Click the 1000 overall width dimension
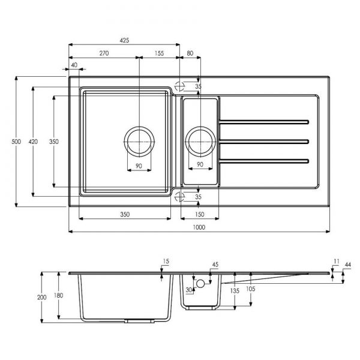pyautogui.click(x=199, y=227)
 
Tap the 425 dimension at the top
pyautogui.click(x=124, y=40)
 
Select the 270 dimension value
pyautogui.click(x=104, y=53)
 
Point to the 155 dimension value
pyautogui.click(x=159, y=53)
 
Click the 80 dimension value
pyautogui.click(x=190, y=53)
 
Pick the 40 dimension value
pyautogui.click(x=74, y=65)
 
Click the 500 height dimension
pyautogui.click(x=16, y=142)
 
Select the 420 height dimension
pyautogui.click(x=33, y=142)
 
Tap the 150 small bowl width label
pyautogui.click(x=200, y=214)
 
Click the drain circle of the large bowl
pyautogui.click(x=139, y=127)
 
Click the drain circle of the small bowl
pyautogui.click(x=200, y=127)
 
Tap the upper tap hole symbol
pyautogui.click(x=179, y=86)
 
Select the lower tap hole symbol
pyautogui.click(x=179, y=197)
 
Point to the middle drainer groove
pyautogui.click(x=263, y=142)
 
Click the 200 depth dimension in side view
pyautogui.click(x=41, y=298)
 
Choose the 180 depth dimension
pyautogui.click(x=58, y=295)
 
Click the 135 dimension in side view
pyautogui.click(x=235, y=291)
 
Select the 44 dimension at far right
pyautogui.click(x=348, y=265)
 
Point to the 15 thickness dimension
pyautogui.click(x=166, y=261)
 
